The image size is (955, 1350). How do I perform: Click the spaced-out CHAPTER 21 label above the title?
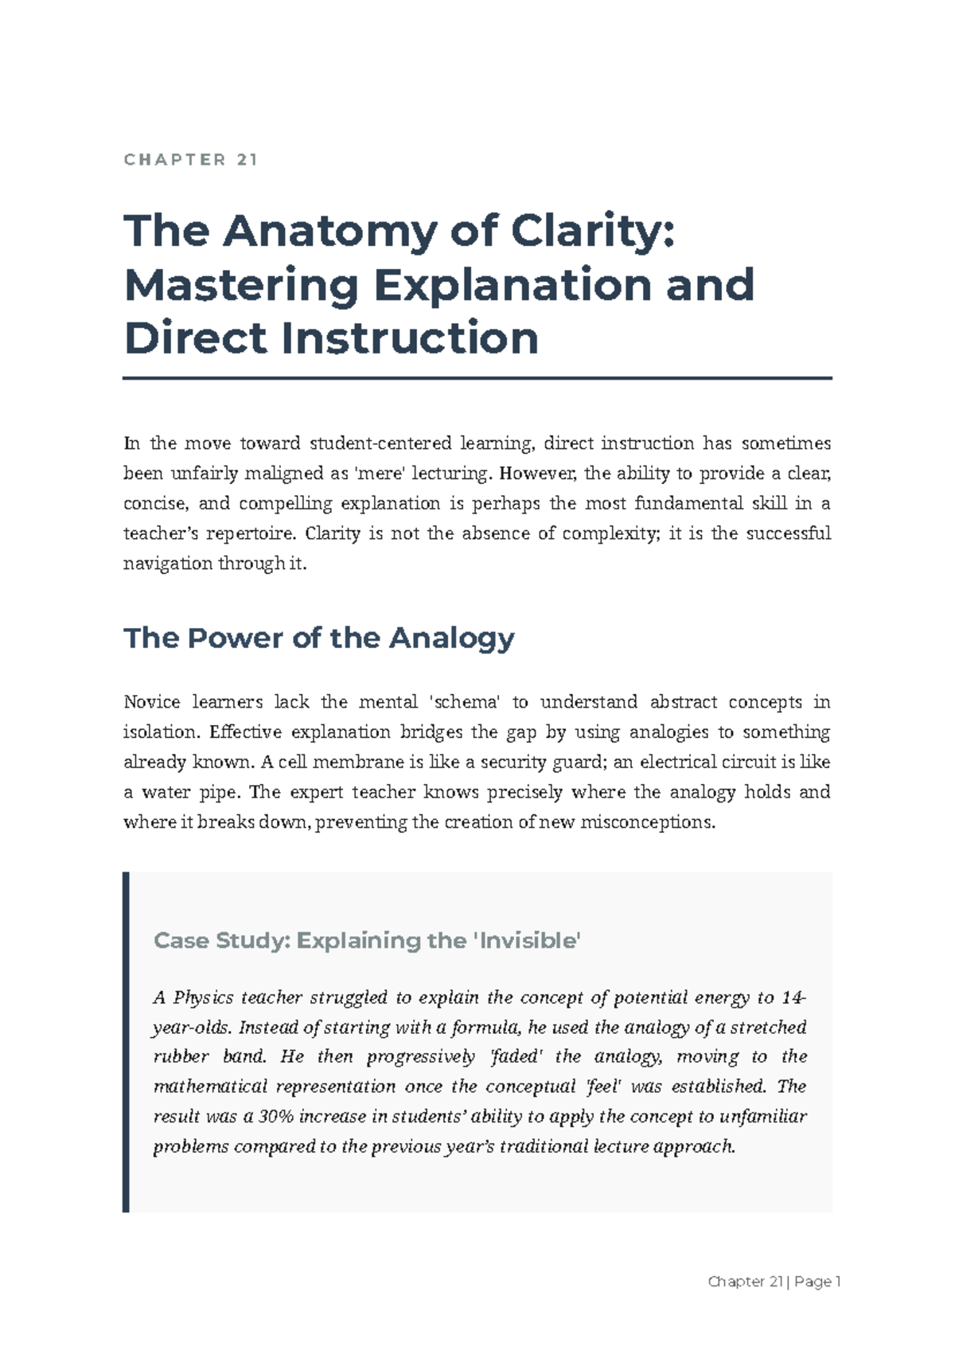click(191, 160)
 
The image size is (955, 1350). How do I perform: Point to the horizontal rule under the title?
click(477, 379)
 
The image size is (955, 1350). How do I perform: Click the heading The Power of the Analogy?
click(319, 638)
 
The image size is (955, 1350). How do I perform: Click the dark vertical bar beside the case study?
click(126, 1042)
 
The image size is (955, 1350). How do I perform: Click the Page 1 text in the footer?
click(817, 1282)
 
